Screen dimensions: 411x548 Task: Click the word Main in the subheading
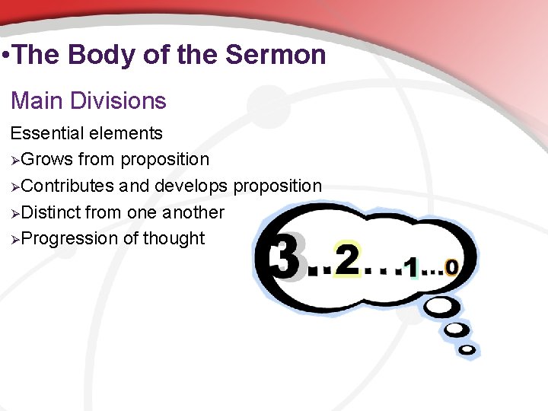pos(36,100)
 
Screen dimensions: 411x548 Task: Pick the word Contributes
pos(68,186)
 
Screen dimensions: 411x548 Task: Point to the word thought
pos(174,238)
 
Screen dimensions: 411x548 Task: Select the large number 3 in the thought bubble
pos(288,256)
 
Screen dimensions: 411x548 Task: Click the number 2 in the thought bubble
pos(346,261)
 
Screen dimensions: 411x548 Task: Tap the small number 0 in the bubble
pos(451,268)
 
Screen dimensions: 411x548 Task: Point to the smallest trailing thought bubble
pos(467,350)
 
